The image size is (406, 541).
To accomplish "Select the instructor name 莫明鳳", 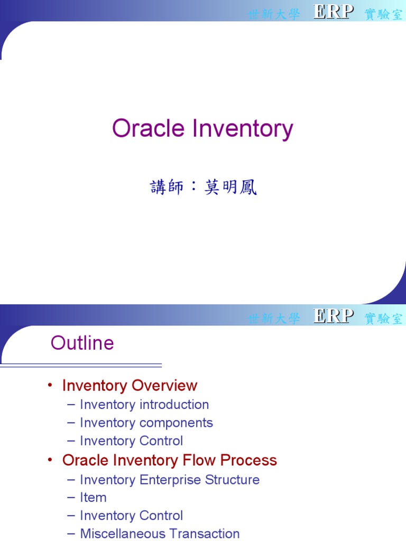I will [x=230, y=187].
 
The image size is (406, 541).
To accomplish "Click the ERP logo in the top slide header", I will [x=333, y=12].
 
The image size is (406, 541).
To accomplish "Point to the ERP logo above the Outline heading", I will [x=333, y=316].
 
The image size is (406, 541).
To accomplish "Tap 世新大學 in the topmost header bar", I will [x=274, y=14].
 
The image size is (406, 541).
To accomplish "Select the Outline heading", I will [x=82, y=343].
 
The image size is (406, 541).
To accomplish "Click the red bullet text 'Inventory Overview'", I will [x=130, y=386].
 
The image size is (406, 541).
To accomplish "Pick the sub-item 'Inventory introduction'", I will [x=144, y=405].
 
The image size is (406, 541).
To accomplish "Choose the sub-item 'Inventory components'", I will [x=146, y=423].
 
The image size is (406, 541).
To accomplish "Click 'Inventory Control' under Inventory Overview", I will [x=132, y=441].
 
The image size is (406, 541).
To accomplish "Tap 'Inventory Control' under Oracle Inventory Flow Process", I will [x=132, y=516].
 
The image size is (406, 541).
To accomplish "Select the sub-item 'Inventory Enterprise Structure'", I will [x=170, y=480].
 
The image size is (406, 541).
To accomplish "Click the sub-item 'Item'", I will [x=93, y=498].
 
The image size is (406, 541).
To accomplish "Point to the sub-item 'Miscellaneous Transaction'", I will [x=160, y=534].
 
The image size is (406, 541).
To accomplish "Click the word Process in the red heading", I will [x=248, y=460].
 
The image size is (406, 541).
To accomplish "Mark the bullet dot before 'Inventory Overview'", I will [x=50, y=386].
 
